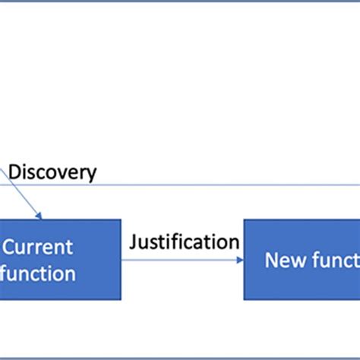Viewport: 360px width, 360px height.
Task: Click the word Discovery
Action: (x=52, y=172)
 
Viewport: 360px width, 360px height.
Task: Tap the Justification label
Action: (x=184, y=242)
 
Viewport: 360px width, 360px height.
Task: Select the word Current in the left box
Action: (x=38, y=247)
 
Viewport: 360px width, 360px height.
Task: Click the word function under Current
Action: (x=38, y=273)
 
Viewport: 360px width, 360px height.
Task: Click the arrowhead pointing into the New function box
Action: (x=239, y=260)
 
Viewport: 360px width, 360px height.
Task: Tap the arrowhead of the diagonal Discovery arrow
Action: (x=39, y=216)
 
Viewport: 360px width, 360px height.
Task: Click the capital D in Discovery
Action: (x=14, y=172)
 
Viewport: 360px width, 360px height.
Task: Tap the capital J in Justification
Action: (x=133, y=242)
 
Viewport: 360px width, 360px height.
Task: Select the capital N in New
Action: (x=271, y=261)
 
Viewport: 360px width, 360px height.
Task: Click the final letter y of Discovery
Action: (x=91, y=174)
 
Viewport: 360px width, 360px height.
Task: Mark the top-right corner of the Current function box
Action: (x=121, y=220)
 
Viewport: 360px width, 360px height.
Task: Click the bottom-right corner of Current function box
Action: (x=121, y=299)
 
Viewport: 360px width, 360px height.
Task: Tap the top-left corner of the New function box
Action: (x=245, y=220)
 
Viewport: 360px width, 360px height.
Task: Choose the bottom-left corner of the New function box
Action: (x=245, y=299)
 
